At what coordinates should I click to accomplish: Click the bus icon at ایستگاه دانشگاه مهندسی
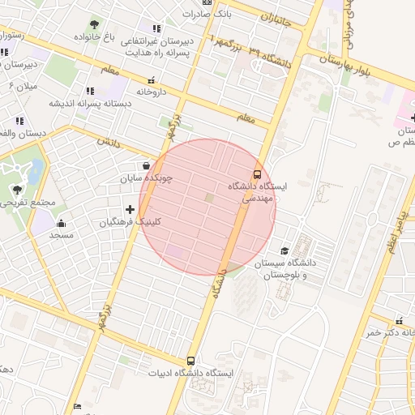(257, 174)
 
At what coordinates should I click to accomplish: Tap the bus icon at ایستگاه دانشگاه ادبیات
(191, 361)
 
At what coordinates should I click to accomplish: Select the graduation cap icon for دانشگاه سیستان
(284, 251)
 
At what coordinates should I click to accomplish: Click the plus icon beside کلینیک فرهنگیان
(130, 210)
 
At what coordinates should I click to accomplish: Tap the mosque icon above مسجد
(62, 223)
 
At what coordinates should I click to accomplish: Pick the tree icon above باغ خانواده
(95, 24)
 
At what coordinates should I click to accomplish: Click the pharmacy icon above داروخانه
(151, 80)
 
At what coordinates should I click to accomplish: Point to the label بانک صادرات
(229, 14)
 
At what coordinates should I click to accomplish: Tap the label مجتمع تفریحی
(28, 203)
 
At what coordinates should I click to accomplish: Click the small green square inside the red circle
(210, 198)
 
